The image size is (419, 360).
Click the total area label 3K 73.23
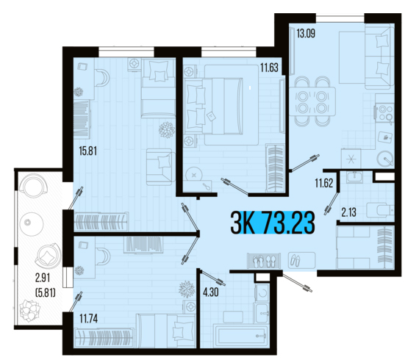(x=273, y=222)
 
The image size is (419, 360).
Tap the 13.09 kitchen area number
(x=306, y=33)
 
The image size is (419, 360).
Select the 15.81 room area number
(x=88, y=151)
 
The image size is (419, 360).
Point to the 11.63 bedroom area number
(x=269, y=68)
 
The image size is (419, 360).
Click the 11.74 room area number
(x=89, y=318)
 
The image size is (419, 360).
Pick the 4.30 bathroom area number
(x=211, y=292)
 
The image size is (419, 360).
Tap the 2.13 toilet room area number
(x=348, y=212)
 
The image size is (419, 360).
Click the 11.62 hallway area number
(x=324, y=184)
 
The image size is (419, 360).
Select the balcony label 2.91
(x=43, y=278)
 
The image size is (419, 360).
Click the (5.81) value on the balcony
(x=46, y=293)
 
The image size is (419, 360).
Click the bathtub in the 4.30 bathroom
(x=240, y=335)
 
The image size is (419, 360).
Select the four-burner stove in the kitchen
(x=384, y=112)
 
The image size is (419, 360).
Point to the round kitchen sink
(x=385, y=159)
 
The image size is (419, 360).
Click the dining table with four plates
(x=312, y=101)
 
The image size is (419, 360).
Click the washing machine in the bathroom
(x=262, y=292)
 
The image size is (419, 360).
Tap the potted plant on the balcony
(x=29, y=311)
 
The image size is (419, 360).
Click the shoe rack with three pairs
(x=264, y=260)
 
